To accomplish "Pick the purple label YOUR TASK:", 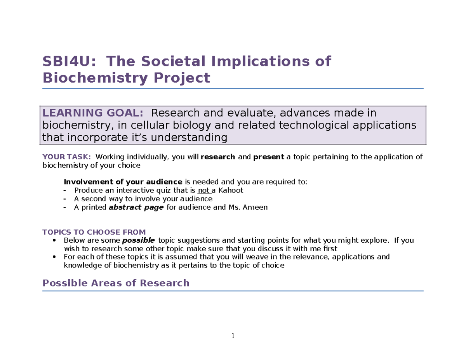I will [x=66, y=157].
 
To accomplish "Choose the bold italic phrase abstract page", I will [x=136, y=207].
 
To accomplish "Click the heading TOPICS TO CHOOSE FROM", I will [x=94, y=232].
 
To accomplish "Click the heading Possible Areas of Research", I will [x=115, y=283].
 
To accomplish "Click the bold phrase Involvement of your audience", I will [x=123, y=182].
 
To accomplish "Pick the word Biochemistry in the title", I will [x=93, y=78].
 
